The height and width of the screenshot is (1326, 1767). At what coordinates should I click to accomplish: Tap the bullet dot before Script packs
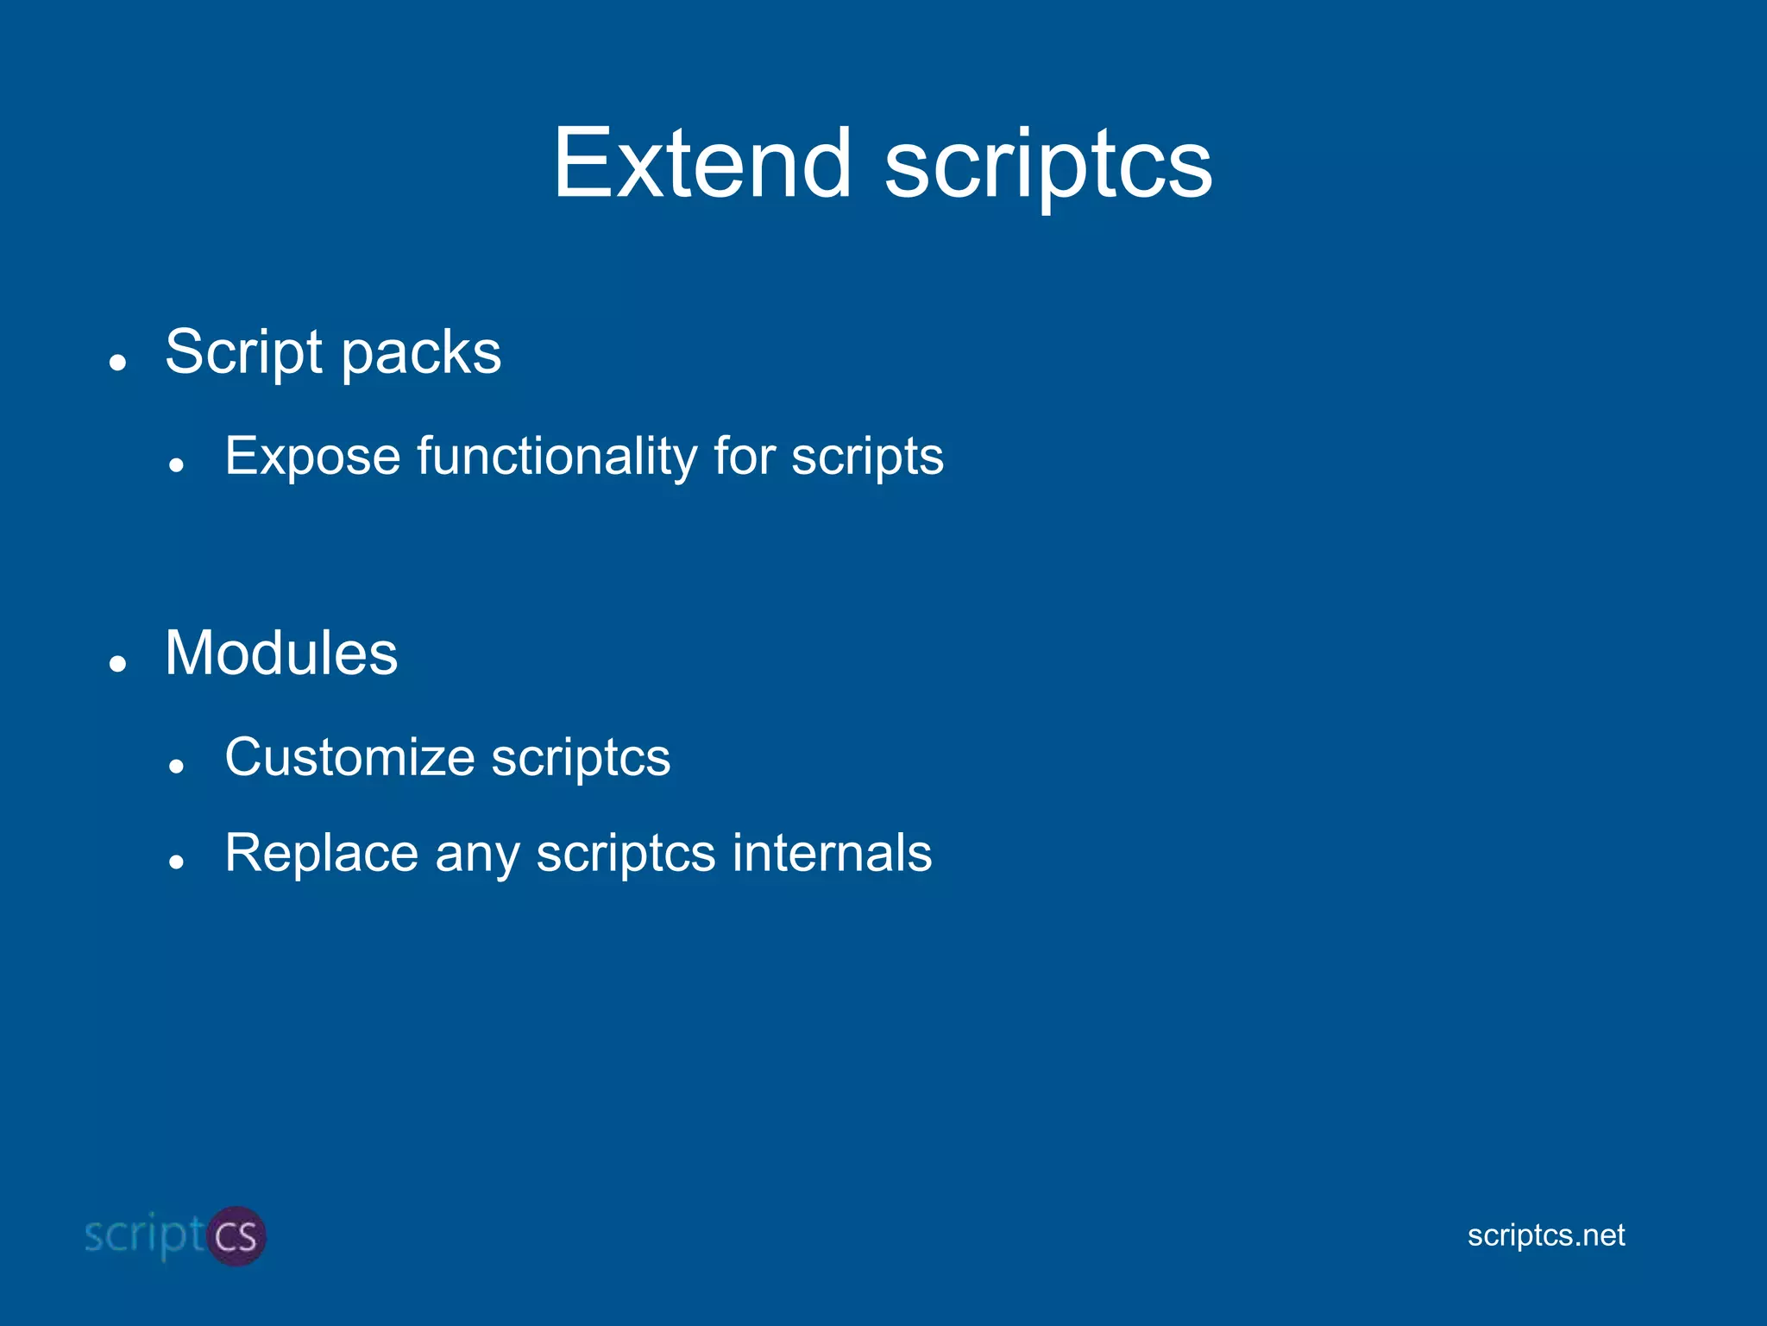[x=118, y=363]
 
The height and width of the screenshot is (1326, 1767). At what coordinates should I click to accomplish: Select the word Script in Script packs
[x=244, y=352]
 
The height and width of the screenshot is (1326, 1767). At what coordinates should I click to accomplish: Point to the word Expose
[x=312, y=457]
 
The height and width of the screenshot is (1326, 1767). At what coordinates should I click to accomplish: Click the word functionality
[x=557, y=457]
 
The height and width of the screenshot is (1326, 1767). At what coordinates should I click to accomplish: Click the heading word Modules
[x=281, y=653]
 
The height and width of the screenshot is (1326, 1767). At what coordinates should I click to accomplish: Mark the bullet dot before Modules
[x=118, y=664]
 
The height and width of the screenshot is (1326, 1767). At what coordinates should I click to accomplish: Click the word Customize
[x=349, y=757]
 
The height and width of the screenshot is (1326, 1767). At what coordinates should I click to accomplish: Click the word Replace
[x=321, y=853]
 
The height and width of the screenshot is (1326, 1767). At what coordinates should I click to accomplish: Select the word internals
[x=832, y=853]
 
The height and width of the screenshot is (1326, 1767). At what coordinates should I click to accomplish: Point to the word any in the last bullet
[x=476, y=856]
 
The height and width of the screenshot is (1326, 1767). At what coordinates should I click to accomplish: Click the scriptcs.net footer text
[x=1545, y=1235]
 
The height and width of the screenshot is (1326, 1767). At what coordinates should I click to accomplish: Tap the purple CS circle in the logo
[x=236, y=1236]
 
